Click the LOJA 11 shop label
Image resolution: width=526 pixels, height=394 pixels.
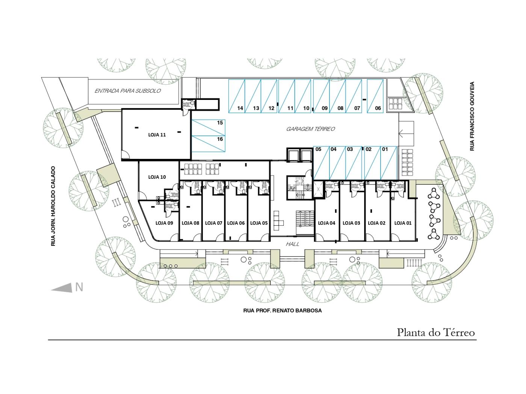157,135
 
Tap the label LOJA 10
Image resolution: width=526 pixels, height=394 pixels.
157,177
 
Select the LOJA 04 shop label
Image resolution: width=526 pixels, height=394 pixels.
326,223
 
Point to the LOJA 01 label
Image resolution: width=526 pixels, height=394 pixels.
403,223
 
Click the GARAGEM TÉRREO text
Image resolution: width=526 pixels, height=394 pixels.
310,129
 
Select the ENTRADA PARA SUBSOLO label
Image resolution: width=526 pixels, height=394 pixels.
127,91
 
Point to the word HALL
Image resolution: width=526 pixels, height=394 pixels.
292,244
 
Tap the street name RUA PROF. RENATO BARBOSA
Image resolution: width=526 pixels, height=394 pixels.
282,311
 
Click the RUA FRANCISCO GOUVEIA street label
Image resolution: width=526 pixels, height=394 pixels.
472,116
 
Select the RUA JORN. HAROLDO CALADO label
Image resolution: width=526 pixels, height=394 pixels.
53,206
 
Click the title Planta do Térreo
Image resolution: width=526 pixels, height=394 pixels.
436,332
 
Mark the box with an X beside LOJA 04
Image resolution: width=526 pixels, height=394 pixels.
318,189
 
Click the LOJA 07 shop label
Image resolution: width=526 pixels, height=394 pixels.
213,223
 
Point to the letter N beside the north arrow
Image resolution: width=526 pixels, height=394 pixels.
79,287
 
